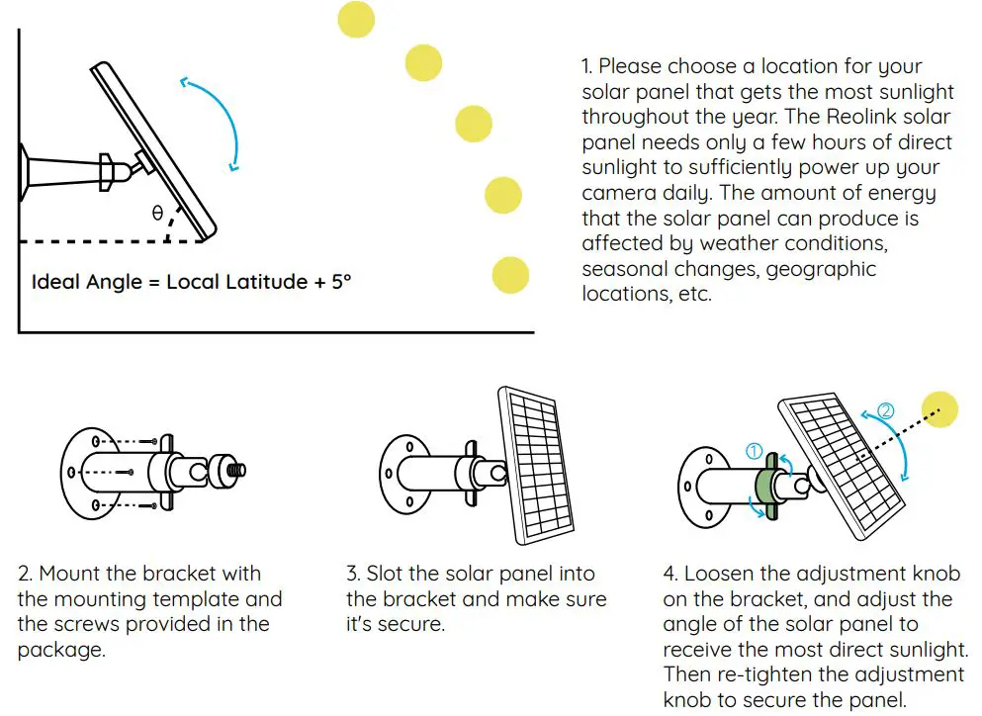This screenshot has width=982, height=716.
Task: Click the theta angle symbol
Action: click(157, 213)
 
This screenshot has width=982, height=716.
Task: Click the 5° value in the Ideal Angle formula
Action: click(341, 282)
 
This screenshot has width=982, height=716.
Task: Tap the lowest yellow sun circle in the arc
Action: click(510, 274)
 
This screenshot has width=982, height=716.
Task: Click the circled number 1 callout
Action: click(754, 451)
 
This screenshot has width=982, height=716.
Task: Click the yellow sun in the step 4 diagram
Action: click(939, 409)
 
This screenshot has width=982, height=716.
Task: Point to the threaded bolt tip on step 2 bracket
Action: click(237, 469)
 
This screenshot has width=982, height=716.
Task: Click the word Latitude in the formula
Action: click(261, 282)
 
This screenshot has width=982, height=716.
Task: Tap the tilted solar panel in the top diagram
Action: click(153, 148)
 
